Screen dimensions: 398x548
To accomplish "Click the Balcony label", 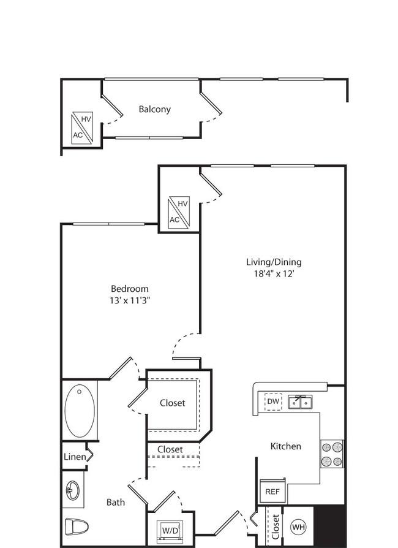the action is pos(155,109).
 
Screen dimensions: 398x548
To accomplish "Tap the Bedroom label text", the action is pos(130,289).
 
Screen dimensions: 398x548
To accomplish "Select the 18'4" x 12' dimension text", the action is pos(274,273).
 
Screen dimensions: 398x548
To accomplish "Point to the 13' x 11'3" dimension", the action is pos(130,300).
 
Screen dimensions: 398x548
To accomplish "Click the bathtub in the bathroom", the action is pos(80,411).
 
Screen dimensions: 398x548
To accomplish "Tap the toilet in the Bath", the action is pos(77,525).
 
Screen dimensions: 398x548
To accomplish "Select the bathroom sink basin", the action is pos(73,490).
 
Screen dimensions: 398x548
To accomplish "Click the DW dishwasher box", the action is pos(273,401).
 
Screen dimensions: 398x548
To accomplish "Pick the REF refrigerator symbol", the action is pos(272,491).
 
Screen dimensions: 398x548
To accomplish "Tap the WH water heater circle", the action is pos(298,527).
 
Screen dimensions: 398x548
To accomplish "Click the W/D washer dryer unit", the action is pos(170,531).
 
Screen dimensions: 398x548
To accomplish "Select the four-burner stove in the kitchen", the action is pos(332,454).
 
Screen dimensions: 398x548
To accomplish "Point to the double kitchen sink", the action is pos(300,402).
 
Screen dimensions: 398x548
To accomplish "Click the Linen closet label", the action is pos(75,457).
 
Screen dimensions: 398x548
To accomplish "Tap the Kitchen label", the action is pos(285,446).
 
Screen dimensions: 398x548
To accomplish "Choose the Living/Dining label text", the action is pos(274,262).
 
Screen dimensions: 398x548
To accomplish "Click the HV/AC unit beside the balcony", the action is pos(83,128).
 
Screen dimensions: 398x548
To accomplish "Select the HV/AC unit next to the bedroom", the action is pos(179,213).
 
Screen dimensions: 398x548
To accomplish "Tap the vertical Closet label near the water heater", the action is pos(276,527).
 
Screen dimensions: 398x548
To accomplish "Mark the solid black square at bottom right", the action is pos(330,527).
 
